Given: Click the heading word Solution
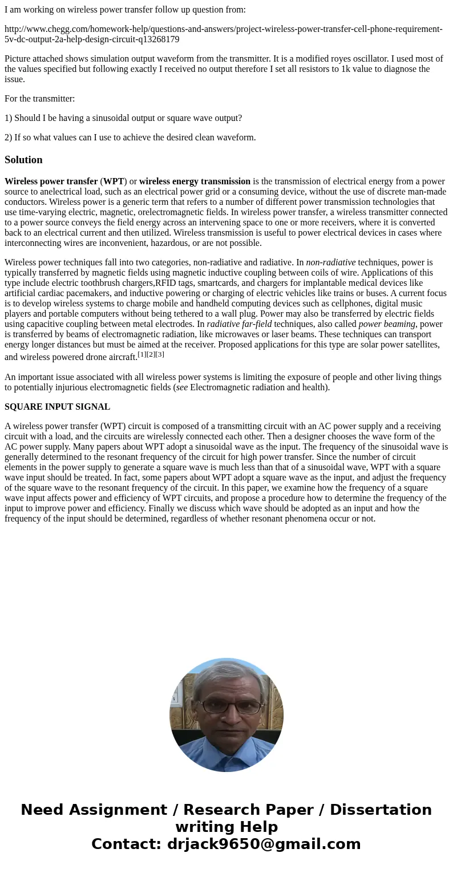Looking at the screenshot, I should coord(23,160).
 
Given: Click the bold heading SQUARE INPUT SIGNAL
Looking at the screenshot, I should coord(57,407).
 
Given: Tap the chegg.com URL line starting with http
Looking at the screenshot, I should coord(223,34).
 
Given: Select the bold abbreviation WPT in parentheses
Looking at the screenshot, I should coord(113,181).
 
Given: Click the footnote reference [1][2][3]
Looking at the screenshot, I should coord(151,354).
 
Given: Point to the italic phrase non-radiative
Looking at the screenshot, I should coord(330,262).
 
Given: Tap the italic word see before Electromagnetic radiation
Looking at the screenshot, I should coord(182,387).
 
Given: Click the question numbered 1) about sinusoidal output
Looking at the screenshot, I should coord(123,118).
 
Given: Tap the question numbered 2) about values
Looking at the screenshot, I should coord(130,138).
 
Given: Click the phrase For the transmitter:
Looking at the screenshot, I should coord(40,99).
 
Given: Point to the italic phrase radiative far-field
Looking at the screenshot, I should coord(239,324).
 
